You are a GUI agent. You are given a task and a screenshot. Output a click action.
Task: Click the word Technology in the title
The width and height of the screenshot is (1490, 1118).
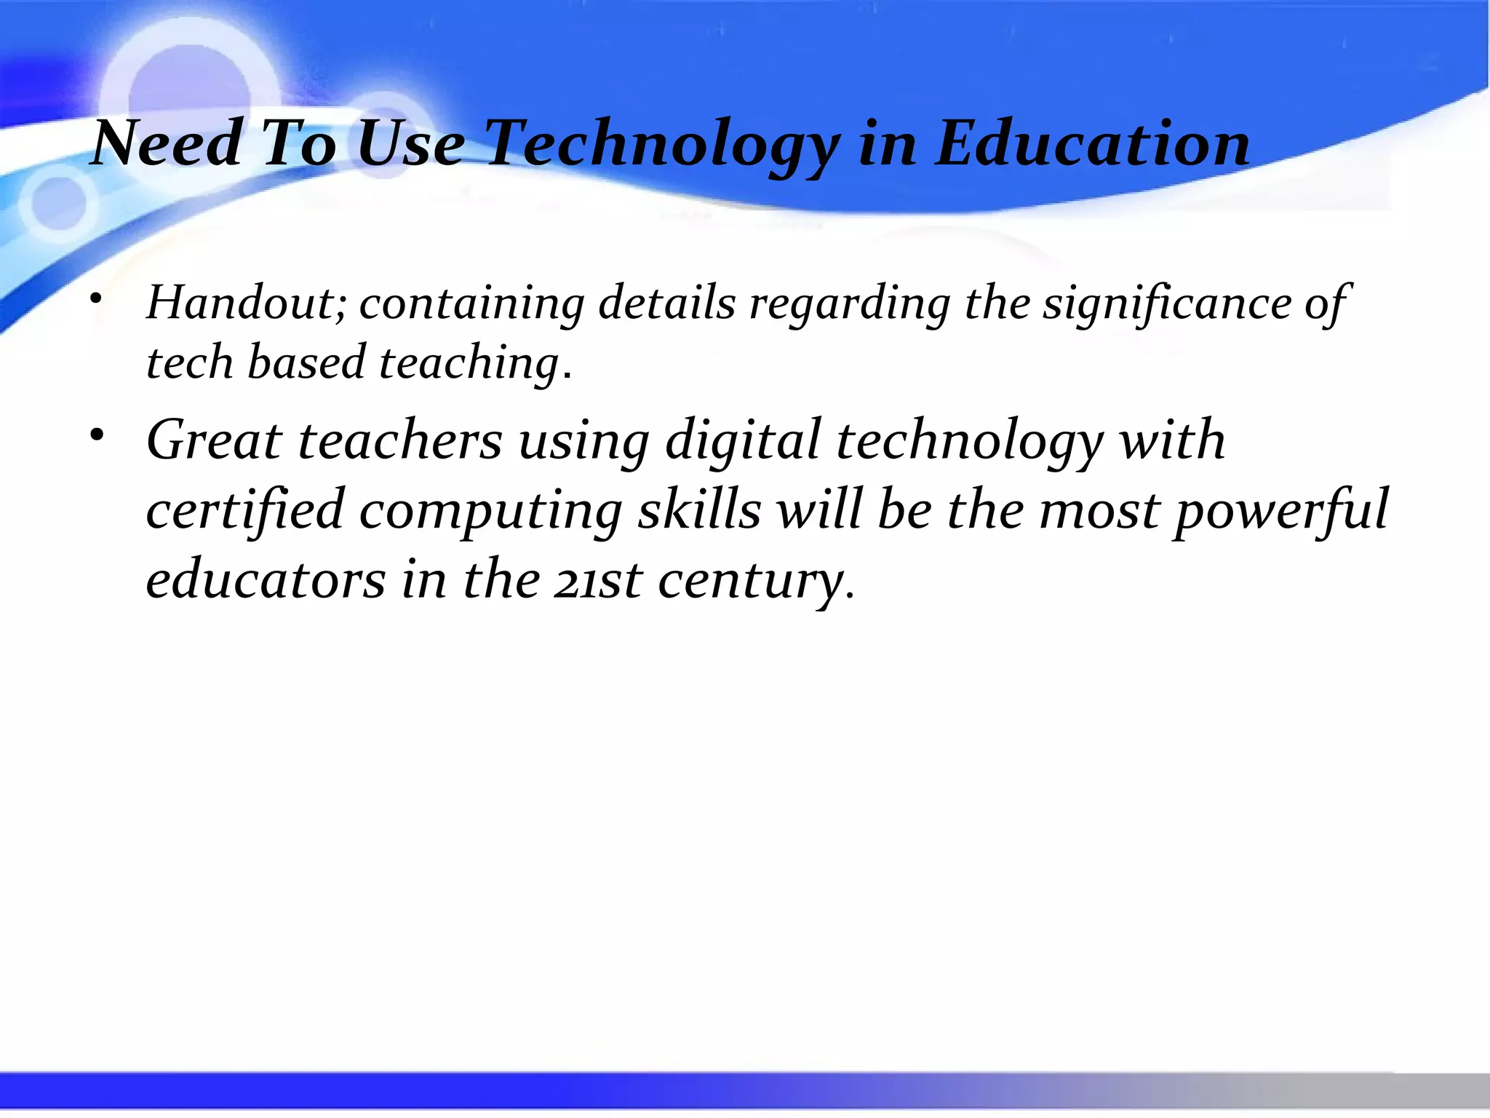[x=662, y=144]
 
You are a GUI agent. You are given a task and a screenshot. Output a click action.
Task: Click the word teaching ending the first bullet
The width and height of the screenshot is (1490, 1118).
[x=469, y=362]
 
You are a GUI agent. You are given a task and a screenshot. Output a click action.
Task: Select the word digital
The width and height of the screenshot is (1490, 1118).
[x=743, y=442]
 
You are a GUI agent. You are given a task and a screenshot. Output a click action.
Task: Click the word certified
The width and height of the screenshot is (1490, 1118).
[x=245, y=510]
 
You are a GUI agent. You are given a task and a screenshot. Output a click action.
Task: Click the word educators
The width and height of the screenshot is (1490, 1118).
[x=266, y=579]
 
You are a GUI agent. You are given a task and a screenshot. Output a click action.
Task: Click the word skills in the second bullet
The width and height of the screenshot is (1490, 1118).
[x=699, y=510]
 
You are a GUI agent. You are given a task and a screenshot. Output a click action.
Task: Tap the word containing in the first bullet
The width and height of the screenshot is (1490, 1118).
[x=471, y=303]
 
